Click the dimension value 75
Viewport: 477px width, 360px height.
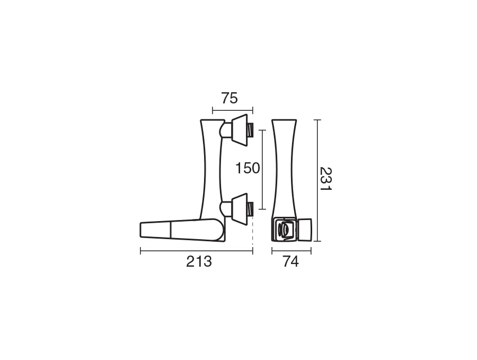coord(229,98)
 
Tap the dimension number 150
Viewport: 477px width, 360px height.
coord(248,168)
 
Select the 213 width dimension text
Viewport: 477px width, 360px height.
coord(199,261)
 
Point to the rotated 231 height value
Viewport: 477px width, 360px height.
coord(325,179)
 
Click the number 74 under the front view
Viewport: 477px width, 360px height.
coord(291,261)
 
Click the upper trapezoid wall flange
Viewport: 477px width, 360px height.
coord(240,130)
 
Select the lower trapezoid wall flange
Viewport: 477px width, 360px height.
coord(240,209)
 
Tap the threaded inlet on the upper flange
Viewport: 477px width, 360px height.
coord(250,130)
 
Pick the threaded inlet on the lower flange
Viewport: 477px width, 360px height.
coord(250,209)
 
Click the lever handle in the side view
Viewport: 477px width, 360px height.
coord(182,230)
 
